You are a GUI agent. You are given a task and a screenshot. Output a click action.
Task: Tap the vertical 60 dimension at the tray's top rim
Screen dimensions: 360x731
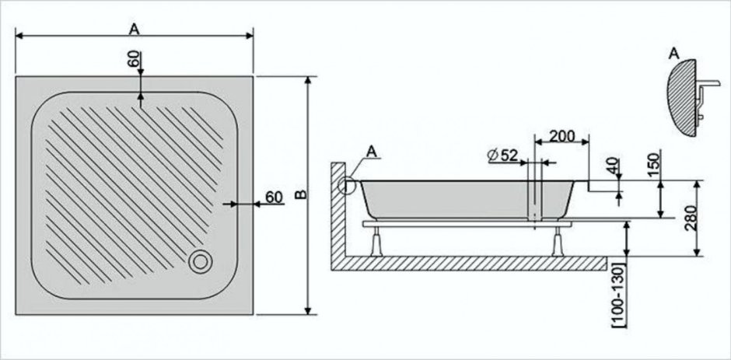click(x=134, y=59)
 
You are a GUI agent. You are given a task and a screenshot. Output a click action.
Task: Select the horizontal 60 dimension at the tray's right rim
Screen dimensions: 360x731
click(x=273, y=197)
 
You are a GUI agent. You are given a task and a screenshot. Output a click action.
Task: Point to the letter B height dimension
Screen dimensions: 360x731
click(x=301, y=194)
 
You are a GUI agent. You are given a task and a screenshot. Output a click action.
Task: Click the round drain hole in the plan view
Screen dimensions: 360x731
click(x=200, y=260)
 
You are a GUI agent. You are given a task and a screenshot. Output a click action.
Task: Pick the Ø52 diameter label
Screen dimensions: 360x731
click(x=504, y=155)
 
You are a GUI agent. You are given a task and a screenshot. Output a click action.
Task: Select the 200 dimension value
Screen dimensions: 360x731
click(x=561, y=136)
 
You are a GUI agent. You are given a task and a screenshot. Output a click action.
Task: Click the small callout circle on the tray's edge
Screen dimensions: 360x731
click(x=348, y=186)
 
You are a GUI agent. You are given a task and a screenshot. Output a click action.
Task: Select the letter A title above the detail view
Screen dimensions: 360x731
click(x=673, y=53)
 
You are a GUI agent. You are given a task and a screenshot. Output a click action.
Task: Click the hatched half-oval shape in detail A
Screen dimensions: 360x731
click(x=684, y=97)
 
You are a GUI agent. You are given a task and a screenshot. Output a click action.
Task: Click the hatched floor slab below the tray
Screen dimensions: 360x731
click(x=474, y=263)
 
